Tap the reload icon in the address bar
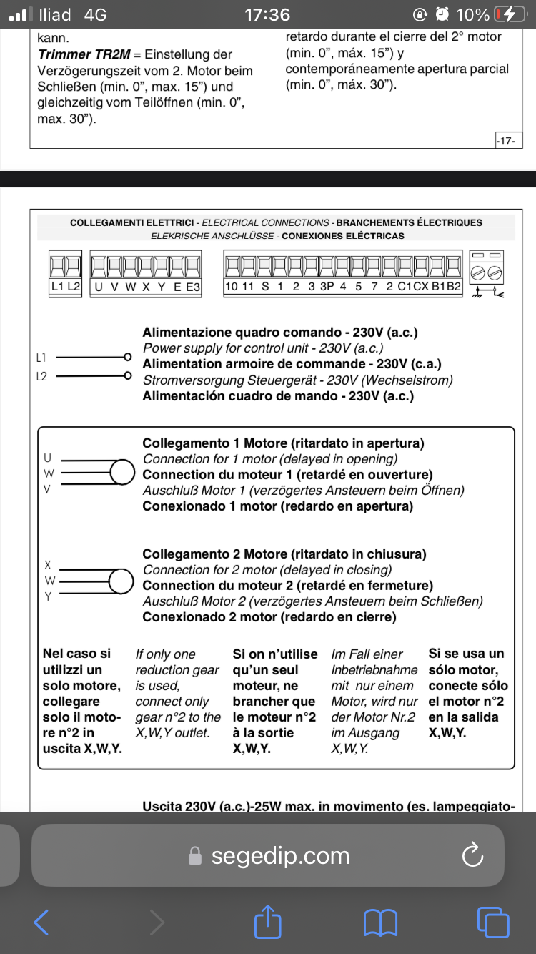(x=473, y=855)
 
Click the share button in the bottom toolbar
(x=268, y=922)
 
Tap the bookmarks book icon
(x=380, y=922)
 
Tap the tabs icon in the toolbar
(x=492, y=922)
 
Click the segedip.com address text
(x=280, y=856)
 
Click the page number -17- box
(x=506, y=141)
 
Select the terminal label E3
(x=193, y=287)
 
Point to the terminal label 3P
(x=327, y=287)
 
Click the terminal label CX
(x=421, y=287)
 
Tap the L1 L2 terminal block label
(x=66, y=287)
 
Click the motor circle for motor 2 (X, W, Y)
(x=122, y=581)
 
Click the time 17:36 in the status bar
(x=267, y=14)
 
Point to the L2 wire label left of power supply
(x=41, y=376)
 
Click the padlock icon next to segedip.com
(x=194, y=856)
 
